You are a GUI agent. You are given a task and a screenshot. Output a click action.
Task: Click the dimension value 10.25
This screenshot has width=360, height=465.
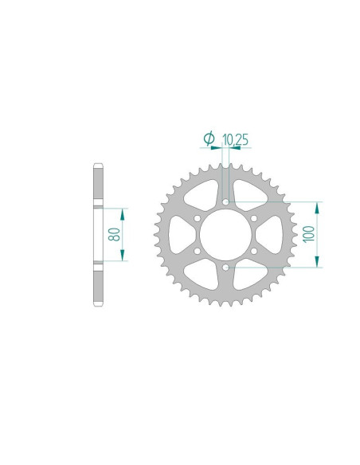coord(235,140)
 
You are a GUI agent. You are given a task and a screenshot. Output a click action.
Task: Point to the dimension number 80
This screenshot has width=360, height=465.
coord(113,234)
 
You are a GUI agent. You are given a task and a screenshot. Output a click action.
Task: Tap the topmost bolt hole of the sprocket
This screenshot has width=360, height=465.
coord(226,203)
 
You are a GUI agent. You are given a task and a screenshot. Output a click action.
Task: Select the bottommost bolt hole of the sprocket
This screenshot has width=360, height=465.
coord(226,268)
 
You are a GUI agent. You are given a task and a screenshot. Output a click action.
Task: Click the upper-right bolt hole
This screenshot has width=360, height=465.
coord(253,219)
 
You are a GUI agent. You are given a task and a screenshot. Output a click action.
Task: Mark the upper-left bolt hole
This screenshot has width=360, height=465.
coord(198,219)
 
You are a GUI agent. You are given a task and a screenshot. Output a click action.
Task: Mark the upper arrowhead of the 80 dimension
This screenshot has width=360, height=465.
coord(122,213)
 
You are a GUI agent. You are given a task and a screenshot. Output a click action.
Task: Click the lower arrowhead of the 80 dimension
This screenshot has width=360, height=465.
coord(122,256)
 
